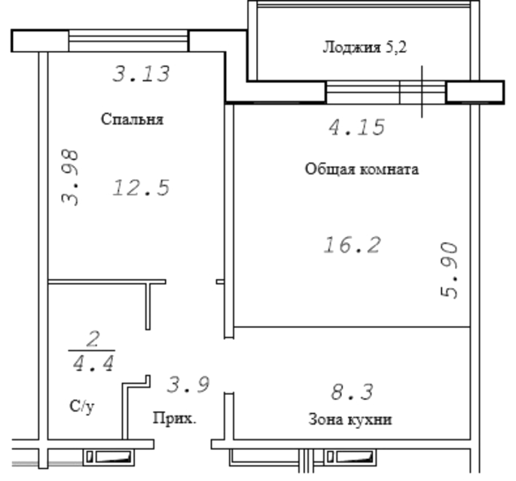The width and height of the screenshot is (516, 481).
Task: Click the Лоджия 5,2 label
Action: pyautogui.click(x=365, y=47)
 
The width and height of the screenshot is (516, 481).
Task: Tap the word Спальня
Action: pyautogui.click(x=132, y=119)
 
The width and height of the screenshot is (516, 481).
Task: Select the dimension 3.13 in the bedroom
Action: pyautogui.click(x=141, y=73)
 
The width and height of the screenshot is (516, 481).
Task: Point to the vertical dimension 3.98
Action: pyautogui.click(x=70, y=178)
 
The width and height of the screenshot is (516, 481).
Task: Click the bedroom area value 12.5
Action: pyautogui.click(x=141, y=188)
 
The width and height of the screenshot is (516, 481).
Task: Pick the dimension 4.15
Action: pyautogui.click(x=357, y=127)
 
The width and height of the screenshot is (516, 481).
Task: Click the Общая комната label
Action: pyautogui.click(x=362, y=169)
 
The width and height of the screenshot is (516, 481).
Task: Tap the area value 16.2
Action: pyautogui.click(x=352, y=245)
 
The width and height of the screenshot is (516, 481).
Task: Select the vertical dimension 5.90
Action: pyautogui.click(x=449, y=270)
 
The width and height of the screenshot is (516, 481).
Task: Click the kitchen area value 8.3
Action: pyautogui.click(x=352, y=392)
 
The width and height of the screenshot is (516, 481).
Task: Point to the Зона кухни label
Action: pyautogui.click(x=350, y=420)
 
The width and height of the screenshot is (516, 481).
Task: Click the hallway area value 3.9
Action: pyautogui.click(x=188, y=384)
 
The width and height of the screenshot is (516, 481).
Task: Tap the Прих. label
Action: pyautogui.click(x=175, y=418)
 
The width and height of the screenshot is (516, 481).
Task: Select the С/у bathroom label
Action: pyautogui.click(x=82, y=406)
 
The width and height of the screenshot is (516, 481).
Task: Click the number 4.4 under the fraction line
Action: pyautogui.click(x=93, y=363)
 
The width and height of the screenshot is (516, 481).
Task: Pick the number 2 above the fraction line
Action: pyautogui.click(x=93, y=339)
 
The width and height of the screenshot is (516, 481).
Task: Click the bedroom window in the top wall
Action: pyautogui.click(x=128, y=41)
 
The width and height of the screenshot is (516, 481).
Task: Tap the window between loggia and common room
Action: pyautogui.click(x=386, y=92)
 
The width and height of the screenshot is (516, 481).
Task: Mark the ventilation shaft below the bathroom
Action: pyautogui.click(x=108, y=458)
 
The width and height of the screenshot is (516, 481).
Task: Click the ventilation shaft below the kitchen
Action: pyautogui.click(x=350, y=458)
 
